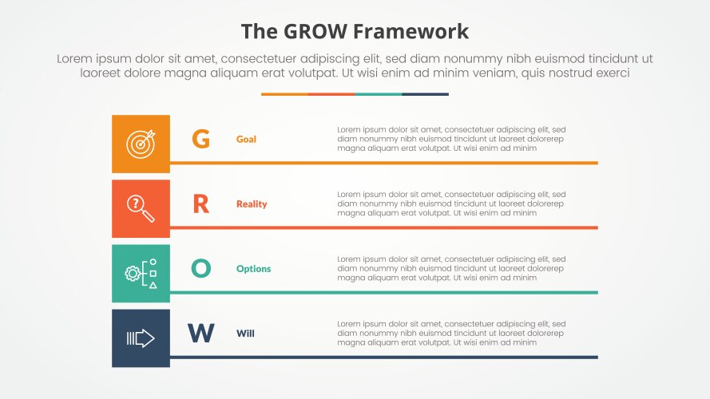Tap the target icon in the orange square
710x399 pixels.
point(141,144)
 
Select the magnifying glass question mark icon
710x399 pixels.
point(141,208)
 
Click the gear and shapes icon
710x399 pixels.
point(141,273)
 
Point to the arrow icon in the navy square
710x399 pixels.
point(141,338)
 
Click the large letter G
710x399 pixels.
point(200,140)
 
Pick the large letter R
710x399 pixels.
point(200,204)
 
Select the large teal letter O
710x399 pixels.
point(200,269)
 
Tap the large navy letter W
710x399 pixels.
point(200,334)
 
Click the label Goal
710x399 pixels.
point(246,140)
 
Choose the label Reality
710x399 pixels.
point(252,204)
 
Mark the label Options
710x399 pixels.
point(253,269)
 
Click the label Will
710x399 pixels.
point(245,334)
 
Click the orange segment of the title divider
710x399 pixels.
point(284,94)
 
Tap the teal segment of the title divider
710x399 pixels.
point(378,94)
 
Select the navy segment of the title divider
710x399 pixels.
point(425,94)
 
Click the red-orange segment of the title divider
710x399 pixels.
point(331,94)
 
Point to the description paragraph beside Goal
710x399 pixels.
point(451,138)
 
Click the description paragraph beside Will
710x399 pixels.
point(451,333)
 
